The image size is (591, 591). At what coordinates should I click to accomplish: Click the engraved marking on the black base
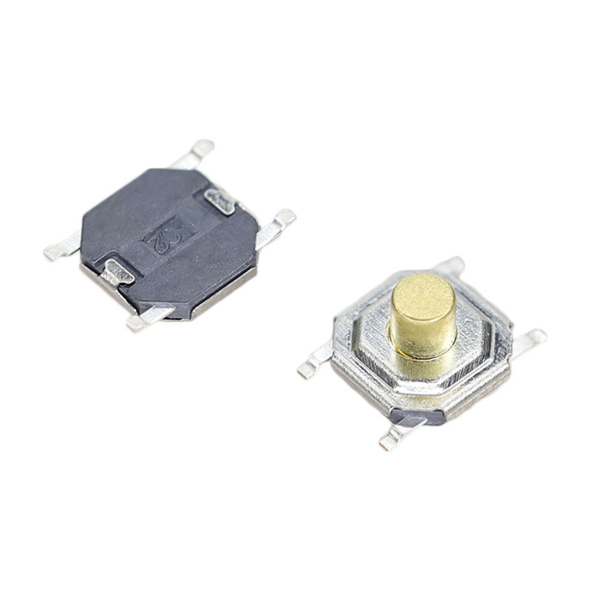point(166,237)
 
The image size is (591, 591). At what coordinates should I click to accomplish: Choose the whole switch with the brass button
point(421,355)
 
